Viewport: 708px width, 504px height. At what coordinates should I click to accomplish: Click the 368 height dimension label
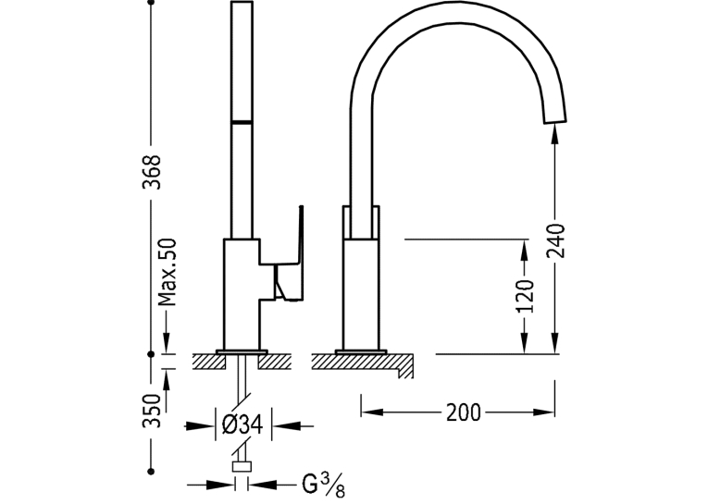[151, 172]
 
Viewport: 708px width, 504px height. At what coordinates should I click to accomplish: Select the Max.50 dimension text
[167, 272]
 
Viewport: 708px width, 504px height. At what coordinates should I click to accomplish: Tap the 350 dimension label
[151, 411]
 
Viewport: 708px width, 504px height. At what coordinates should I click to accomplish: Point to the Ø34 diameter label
[242, 424]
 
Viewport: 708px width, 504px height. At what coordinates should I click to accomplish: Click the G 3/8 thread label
[323, 485]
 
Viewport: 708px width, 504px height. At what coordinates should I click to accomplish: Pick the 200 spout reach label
[464, 412]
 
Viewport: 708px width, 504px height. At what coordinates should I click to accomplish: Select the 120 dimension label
[524, 296]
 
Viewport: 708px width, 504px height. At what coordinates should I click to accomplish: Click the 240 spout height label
[556, 240]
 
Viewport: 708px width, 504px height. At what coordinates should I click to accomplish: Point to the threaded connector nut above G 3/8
[242, 467]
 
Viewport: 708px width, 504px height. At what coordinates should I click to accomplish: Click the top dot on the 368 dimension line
[151, 2]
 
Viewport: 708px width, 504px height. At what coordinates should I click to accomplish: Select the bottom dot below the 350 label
[151, 472]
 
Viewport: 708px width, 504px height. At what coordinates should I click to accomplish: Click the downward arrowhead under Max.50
[167, 343]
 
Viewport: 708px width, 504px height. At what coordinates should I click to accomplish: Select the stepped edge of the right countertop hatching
[404, 366]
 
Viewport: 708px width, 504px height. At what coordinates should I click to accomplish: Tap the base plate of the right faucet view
[361, 351]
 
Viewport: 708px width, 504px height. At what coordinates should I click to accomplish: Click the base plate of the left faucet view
[242, 351]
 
